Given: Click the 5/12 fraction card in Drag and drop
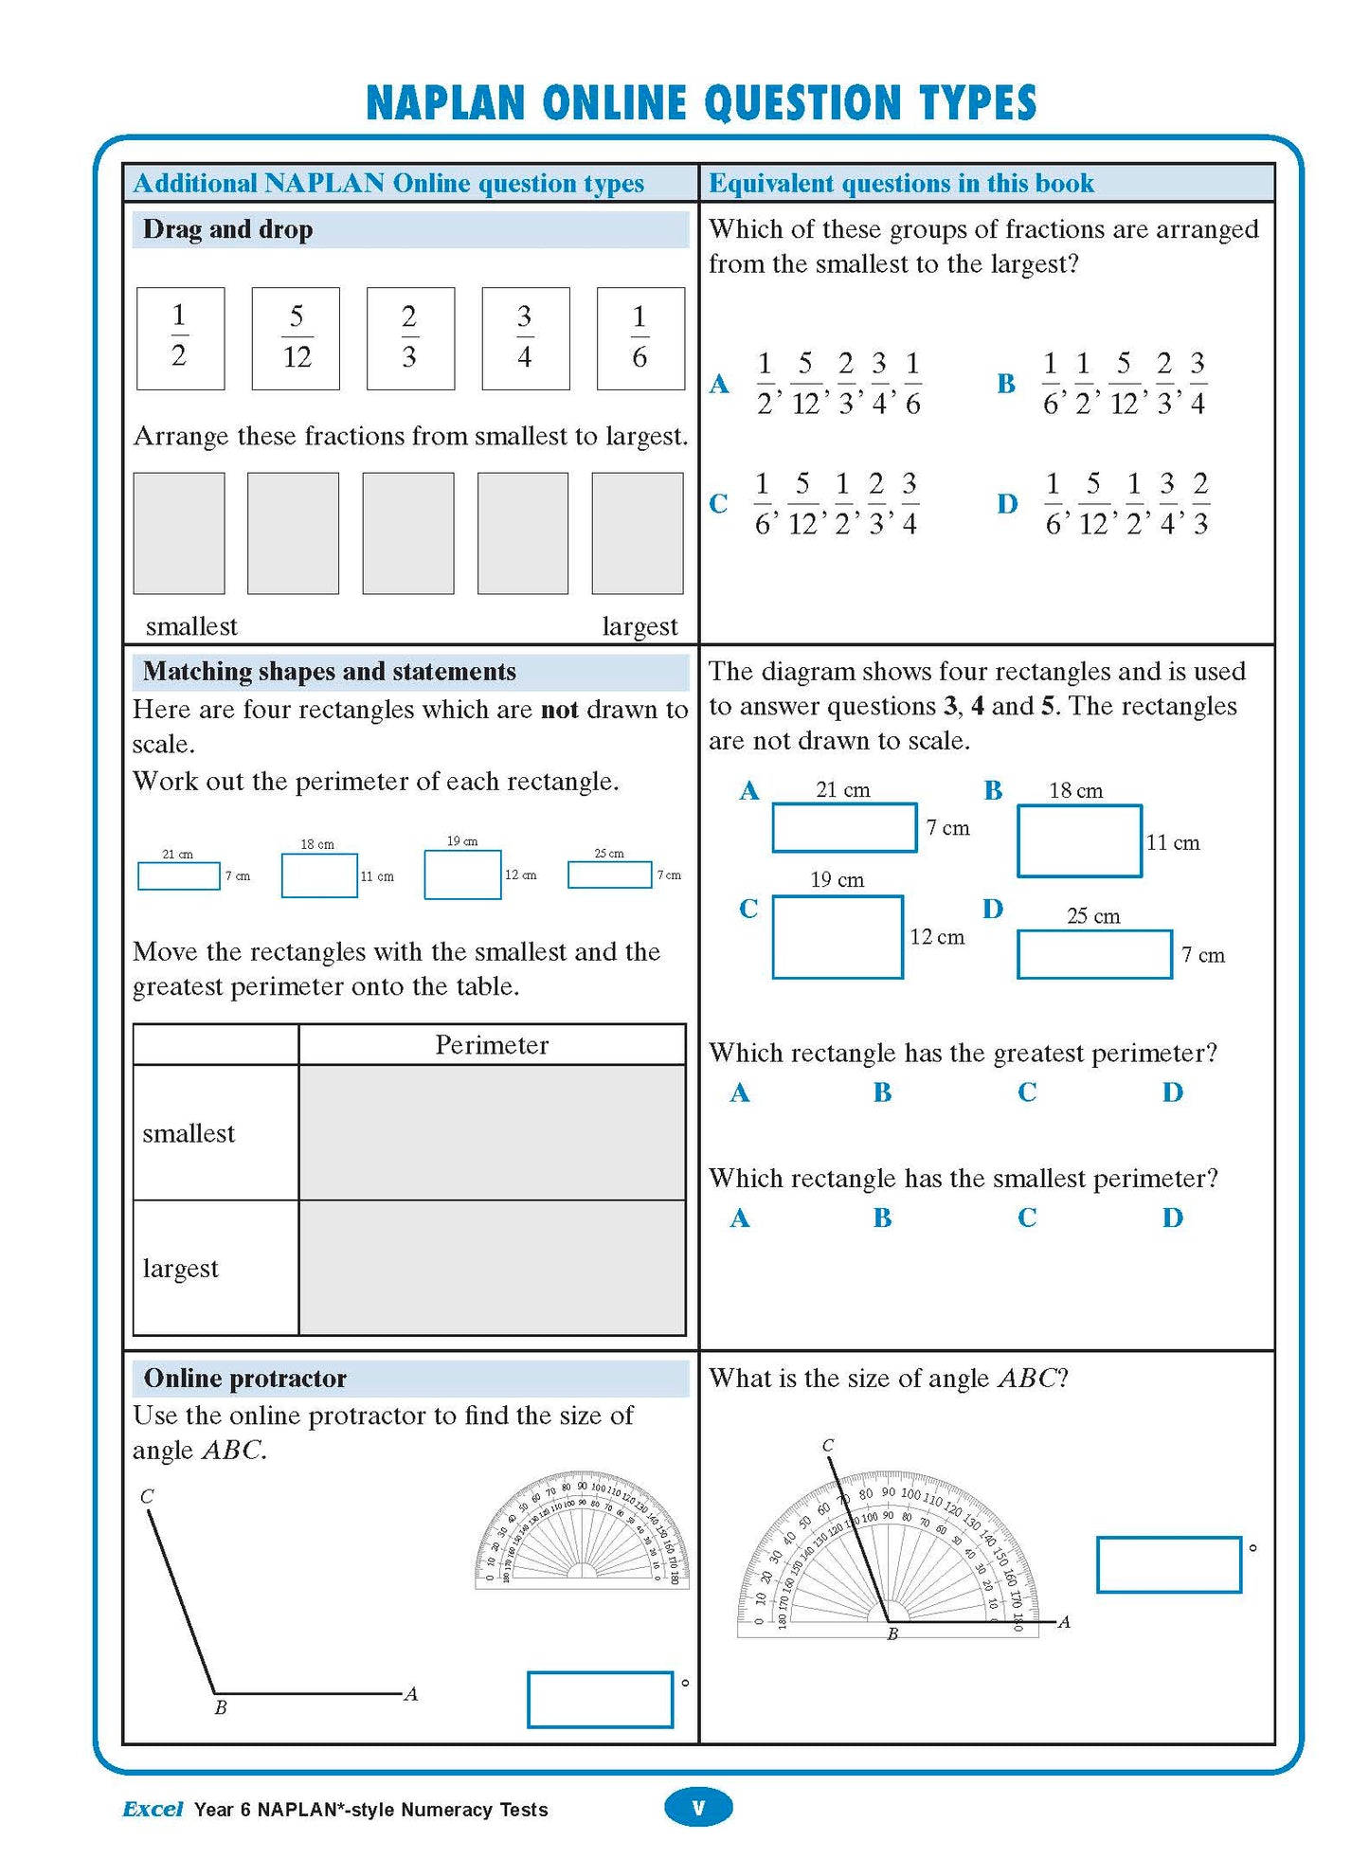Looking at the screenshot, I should pyautogui.click(x=296, y=338).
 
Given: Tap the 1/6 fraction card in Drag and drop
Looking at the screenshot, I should pyautogui.click(x=640, y=338).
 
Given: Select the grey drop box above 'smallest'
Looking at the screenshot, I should pyautogui.click(x=179, y=533).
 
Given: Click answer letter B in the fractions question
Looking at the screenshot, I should pyautogui.click(x=1005, y=384).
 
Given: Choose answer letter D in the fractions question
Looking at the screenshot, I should pyautogui.click(x=1006, y=503).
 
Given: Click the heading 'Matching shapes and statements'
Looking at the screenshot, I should pyautogui.click(x=329, y=672).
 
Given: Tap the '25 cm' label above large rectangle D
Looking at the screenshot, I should pyautogui.click(x=1092, y=916).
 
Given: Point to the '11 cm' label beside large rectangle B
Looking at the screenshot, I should pyautogui.click(x=1172, y=842).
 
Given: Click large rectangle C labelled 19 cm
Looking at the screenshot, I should pyautogui.click(x=838, y=936).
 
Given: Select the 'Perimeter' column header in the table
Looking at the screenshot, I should pyautogui.click(x=492, y=1044).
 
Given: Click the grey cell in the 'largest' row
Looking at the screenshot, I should pyautogui.click(x=492, y=1268).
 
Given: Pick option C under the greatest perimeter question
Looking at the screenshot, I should pyautogui.click(x=1027, y=1092).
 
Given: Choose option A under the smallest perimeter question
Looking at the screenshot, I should pyautogui.click(x=740, y=1218).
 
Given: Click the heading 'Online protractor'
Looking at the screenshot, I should pyautogui.click(x=244, y=1378).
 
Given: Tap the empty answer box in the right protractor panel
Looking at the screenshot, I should pyautogui.click(x=1168, y=1564).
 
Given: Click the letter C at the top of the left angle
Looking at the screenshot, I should pyautogui.click(x=147, y=1496).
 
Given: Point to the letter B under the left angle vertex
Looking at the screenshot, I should pyautogui.click(x=220, y=1707).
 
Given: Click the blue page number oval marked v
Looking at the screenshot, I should pyautogui.click(x=698, y=1807).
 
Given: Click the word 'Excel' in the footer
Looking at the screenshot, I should pyautogui.click(x=153, y=1809).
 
